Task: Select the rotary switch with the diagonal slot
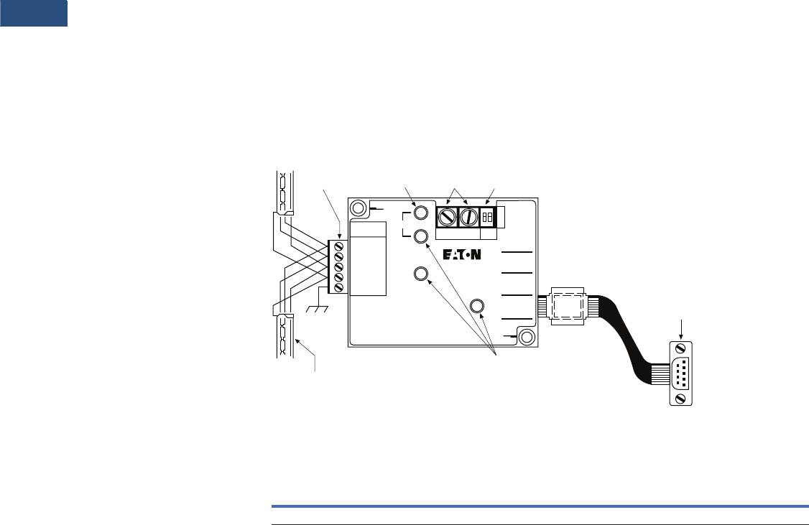(x=447, y=215)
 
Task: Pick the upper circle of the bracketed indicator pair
(x=422, y=213)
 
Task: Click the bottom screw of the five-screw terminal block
(x=338, y=288)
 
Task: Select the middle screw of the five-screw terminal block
(x=338, y=267)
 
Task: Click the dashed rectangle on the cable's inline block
(x=568, y=307)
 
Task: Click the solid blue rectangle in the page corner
(x=34, y=13)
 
